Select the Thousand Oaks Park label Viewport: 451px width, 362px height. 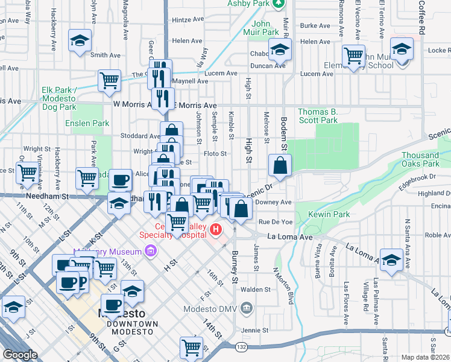click(420, 159)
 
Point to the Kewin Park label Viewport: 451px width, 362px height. click(329, 214)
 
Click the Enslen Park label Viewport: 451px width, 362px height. click(87, 123)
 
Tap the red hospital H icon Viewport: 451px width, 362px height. click(216, 229)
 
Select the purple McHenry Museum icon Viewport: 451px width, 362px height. click(150, 250)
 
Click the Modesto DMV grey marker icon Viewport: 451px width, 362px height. click(246, 309)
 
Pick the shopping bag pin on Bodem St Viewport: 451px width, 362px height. click(281, 165)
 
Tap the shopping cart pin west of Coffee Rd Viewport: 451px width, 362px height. click(353, 56)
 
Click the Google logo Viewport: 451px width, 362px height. click(20, 355)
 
